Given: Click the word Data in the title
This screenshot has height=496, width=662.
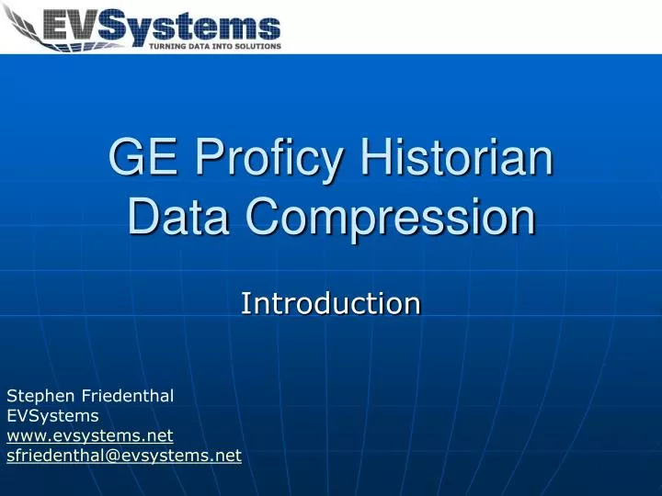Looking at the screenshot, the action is tap(178, 217).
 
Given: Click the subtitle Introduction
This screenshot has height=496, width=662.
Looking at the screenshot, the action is tap(331, 303).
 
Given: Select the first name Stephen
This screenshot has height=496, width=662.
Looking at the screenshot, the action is tap(40, 397).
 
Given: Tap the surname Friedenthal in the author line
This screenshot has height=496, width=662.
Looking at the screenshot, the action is tap(128, 396).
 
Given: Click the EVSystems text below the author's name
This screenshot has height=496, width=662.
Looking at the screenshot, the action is tap(52, 416).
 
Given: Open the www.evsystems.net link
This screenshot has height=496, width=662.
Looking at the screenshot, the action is tap(90, 435).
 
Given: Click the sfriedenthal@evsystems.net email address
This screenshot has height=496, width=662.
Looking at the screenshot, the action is tap(124, 456).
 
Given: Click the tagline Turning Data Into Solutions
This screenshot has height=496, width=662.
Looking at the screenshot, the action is tap(215, 47).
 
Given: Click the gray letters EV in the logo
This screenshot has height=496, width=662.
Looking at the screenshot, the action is tap(71, 26).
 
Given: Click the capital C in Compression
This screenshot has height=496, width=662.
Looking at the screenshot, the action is tap(264, 217).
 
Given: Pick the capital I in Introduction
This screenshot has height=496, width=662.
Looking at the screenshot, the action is tap(244, 303).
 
